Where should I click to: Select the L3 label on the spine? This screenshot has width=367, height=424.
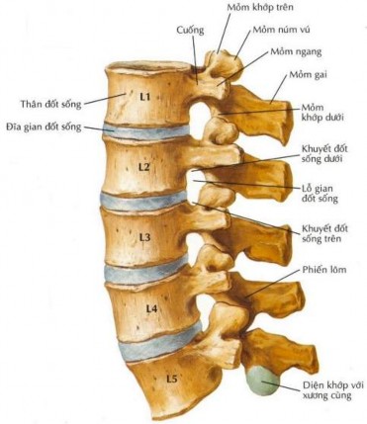pos(144,237)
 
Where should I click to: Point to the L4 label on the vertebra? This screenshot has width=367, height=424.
pos(150,308)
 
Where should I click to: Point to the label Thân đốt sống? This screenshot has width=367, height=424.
pos(49,102)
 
